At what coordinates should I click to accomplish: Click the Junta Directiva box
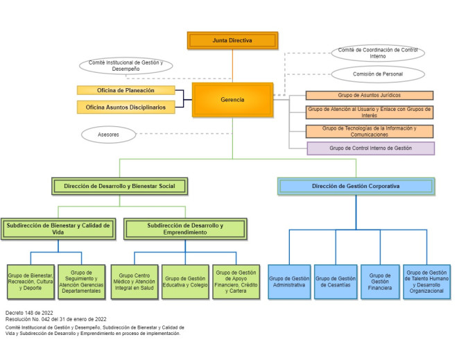click(x=232, y=40)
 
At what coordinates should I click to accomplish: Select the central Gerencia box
click(x=232, y=100)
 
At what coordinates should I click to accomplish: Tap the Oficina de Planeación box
click(x=126, y=90)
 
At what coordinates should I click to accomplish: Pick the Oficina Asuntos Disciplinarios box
click(x=126, y=107)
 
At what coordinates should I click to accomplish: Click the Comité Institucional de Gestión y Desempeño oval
click(x=126, y=65)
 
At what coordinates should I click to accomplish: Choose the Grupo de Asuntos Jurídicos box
click(x=369, y=95)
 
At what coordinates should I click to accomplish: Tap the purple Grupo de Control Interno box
click(x=370, y=148)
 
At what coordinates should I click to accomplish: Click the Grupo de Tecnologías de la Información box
click(x=369, y=131)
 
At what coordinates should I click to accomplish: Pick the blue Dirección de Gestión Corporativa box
click(x=356, y=186)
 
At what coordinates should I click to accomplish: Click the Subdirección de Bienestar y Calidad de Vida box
click(x=58, y=229)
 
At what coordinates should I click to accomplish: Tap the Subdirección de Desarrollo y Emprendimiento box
click(x=185, y=229)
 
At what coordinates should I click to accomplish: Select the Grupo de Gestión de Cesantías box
click(x=336, y=282)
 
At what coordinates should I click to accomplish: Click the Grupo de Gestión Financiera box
click(x=380, y=282)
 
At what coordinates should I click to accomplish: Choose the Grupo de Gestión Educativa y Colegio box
click(x=185, y=282)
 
